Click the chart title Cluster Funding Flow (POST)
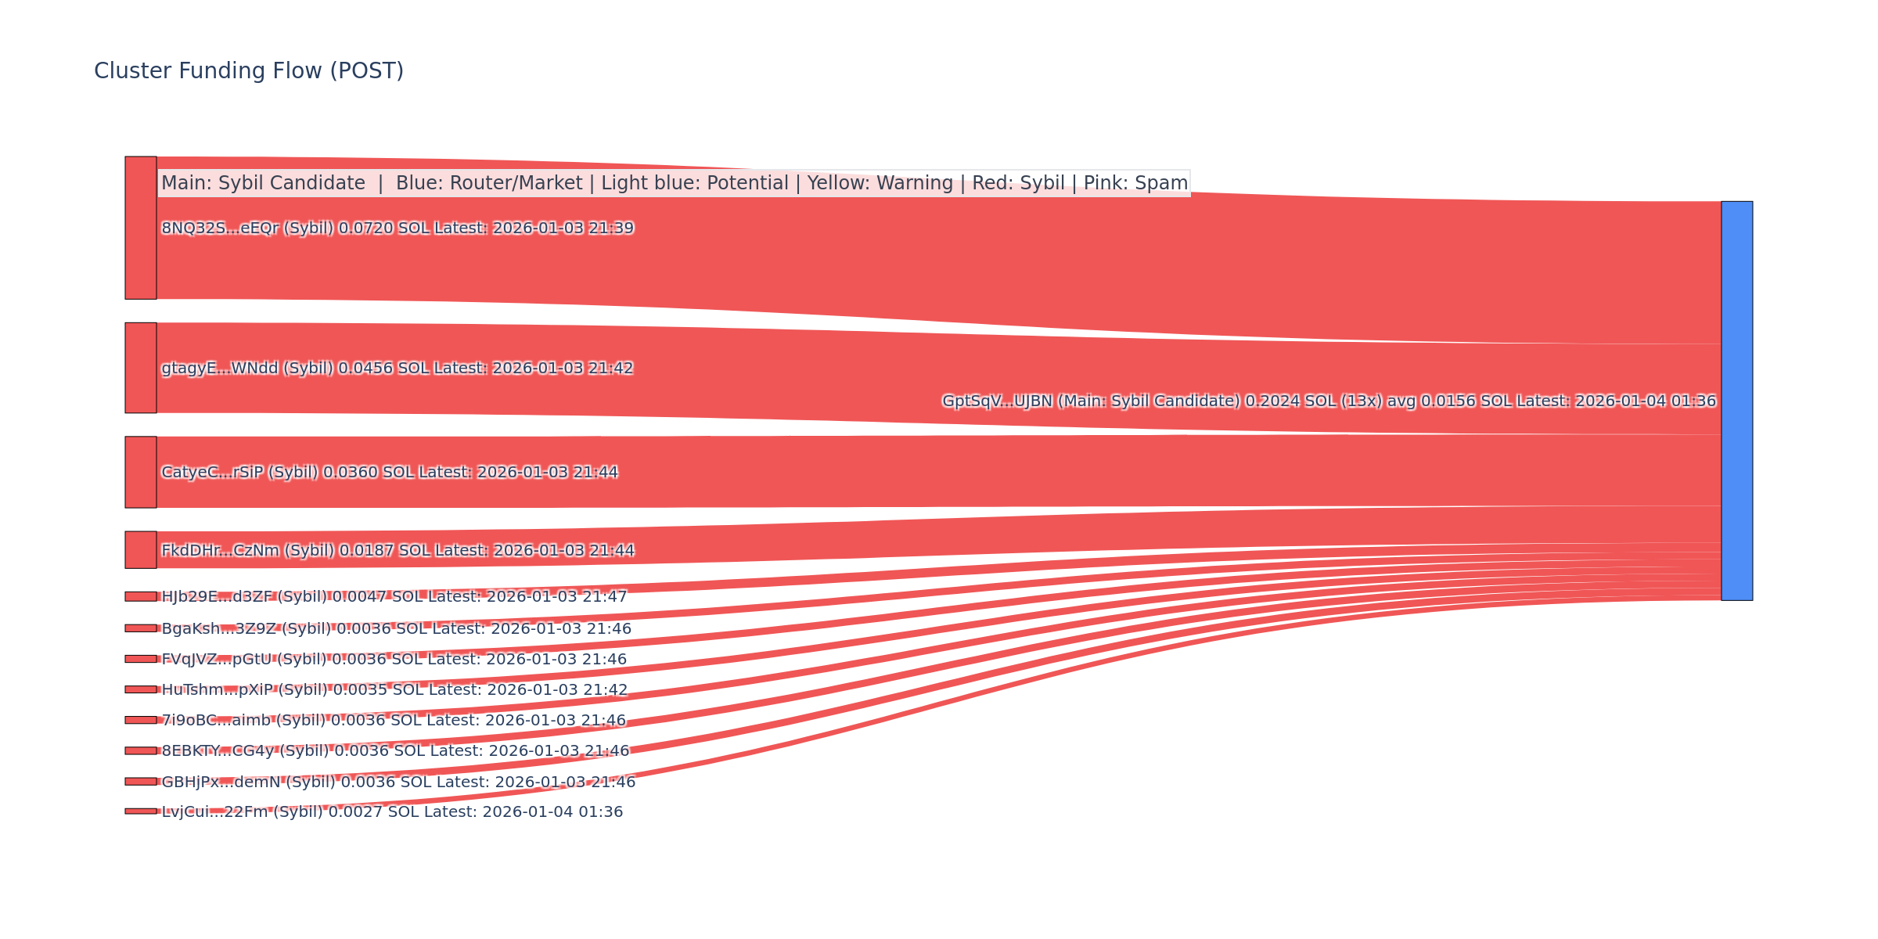(x=249, y=71)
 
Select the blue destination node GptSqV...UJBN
(x=1736, y=401)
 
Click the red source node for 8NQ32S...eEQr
(x=141, y=228)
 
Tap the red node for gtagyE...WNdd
(x=141, y=368)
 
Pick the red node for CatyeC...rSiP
(x=141, y=472)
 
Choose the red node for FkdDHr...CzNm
(x=141, y=550)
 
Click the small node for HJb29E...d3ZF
(x=141, y=596)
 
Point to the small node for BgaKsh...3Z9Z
(x=141, y=628)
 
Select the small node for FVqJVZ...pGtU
(x=141, y=659)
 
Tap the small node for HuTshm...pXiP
(x=141, y=689)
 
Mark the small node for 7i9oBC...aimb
(x=141, y=720)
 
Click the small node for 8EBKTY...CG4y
(x=141, y=750)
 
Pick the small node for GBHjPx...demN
(x=141, y=781)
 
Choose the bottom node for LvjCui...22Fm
(x=141, y=811)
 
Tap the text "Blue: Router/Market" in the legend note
(x=489, y=183)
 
